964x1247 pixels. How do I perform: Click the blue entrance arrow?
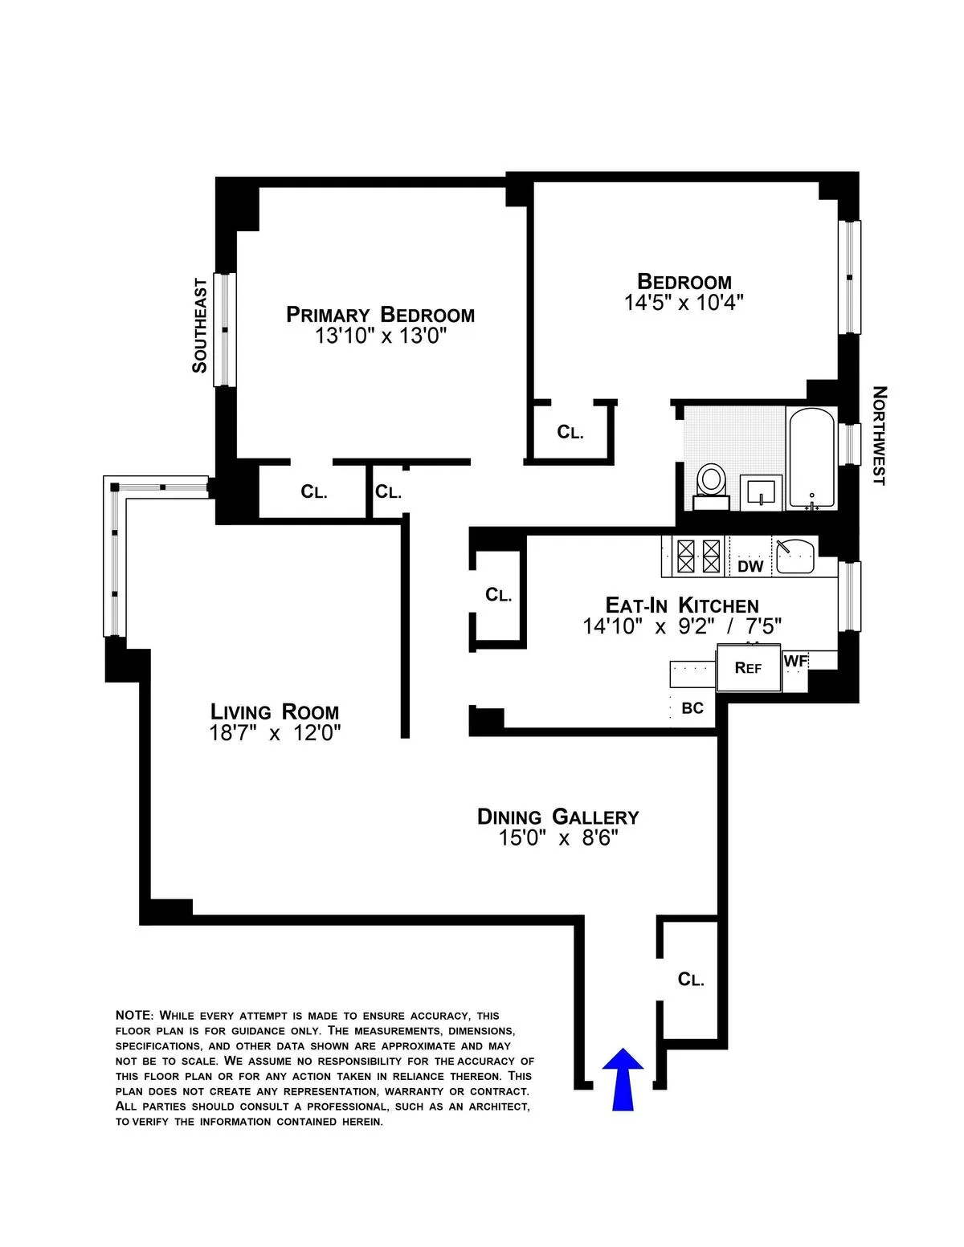point(623,1079)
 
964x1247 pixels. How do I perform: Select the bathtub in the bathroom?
point(812,458)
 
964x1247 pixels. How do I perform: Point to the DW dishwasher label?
point(750,567)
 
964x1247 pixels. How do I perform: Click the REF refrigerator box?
point(749,667)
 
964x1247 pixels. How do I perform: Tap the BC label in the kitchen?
point(692,708)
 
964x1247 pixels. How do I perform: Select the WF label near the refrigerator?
point(795,661)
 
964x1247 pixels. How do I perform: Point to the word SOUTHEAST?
point(199,326)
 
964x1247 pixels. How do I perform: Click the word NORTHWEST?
point(879,435)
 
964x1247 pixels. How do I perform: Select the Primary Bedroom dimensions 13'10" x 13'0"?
point(380,336)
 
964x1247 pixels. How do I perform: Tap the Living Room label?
point(275,711)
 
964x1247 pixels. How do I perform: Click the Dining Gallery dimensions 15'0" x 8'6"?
point(558,838)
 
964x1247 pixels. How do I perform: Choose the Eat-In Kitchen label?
point(681,605)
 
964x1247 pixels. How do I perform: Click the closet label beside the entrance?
point(691,980)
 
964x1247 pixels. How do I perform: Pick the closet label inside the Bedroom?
point(570,433)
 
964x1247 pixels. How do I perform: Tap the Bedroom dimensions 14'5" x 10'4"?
point(684,303)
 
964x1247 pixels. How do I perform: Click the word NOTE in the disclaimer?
point(133,1016)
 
